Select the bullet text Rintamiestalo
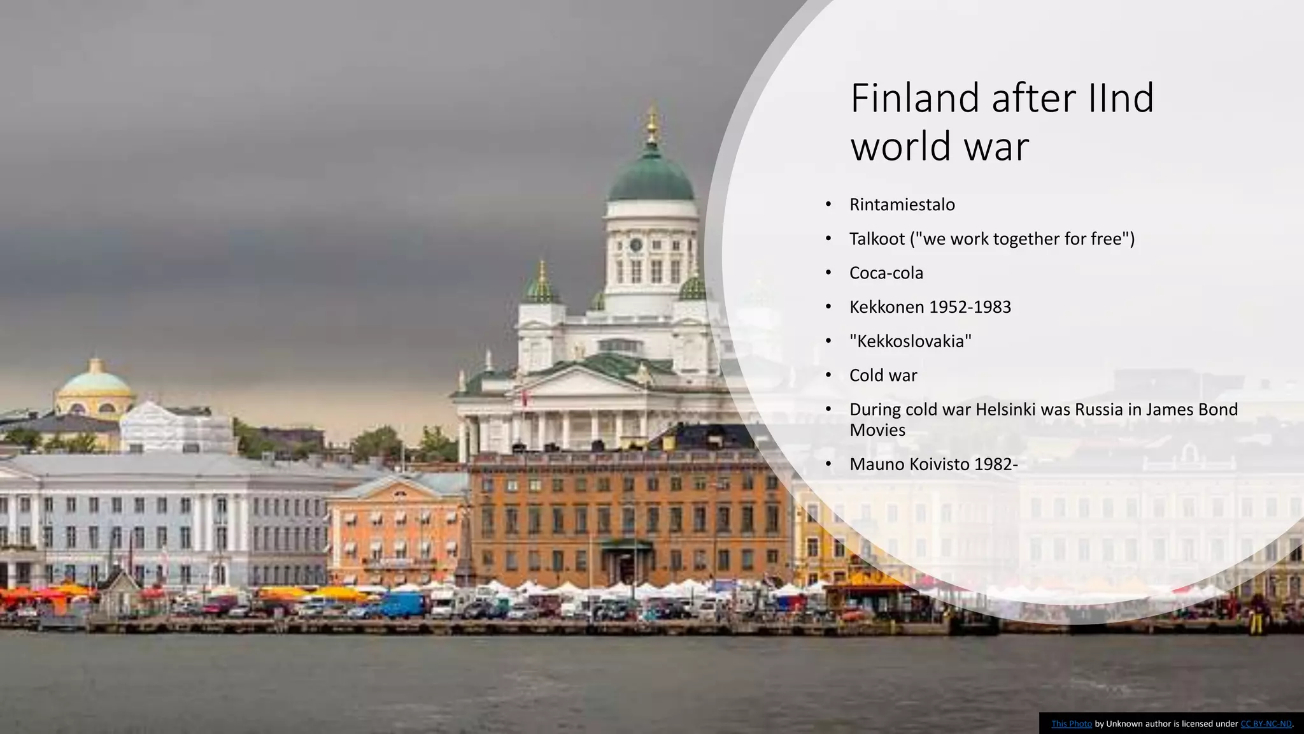(902, 205)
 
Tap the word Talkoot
(877, 239)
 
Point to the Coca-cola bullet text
(886, 273)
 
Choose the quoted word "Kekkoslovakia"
(911, 342)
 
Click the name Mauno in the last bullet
(876, 464)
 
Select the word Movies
(877, 430)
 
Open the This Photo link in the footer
(1071, 724)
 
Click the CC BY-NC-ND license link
(1266, 724)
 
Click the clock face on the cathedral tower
(635, 244)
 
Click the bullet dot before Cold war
(828, 375)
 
